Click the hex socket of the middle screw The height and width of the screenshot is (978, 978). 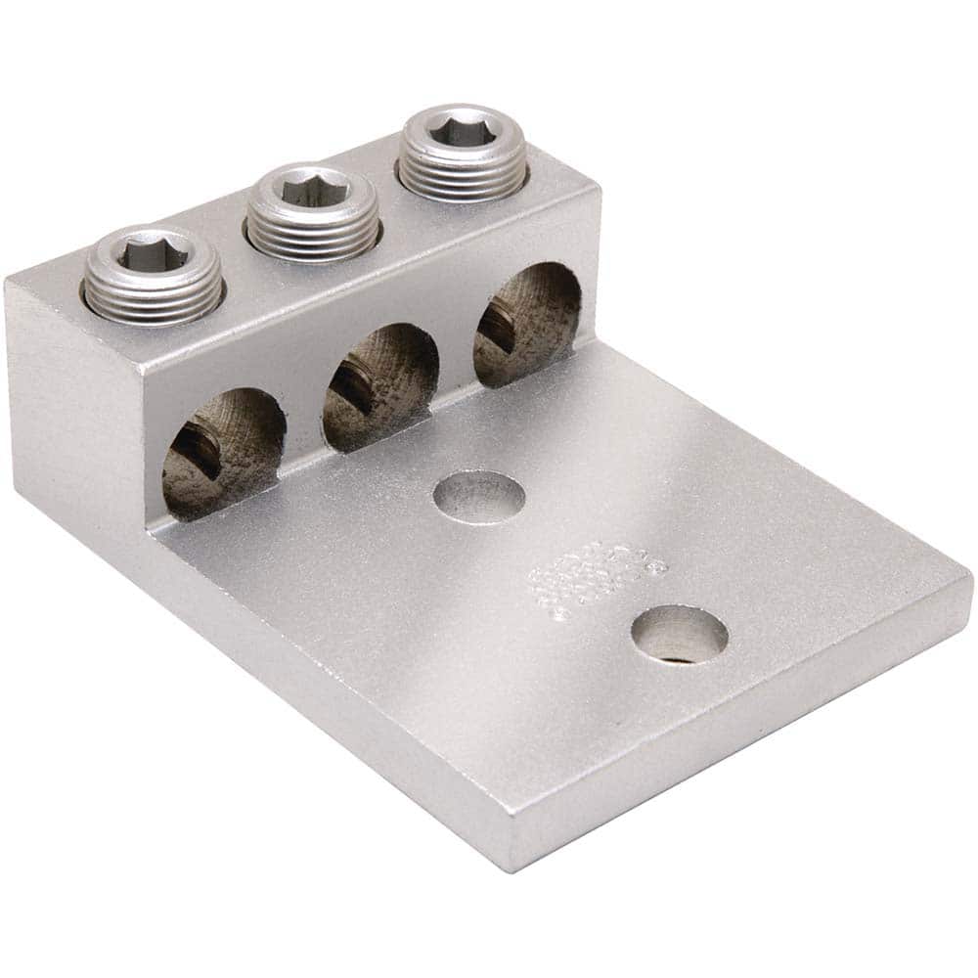coord(312,189)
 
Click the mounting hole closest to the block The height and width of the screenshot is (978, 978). coord(479,497)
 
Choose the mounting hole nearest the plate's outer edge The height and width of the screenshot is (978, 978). coord(679,635)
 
